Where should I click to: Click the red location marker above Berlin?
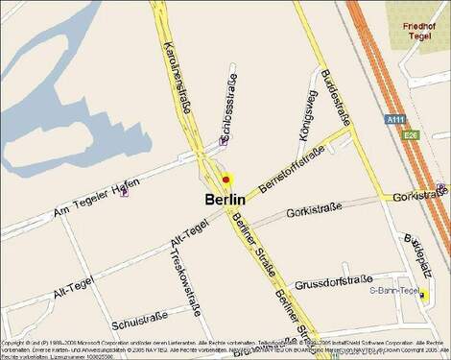point(226,179)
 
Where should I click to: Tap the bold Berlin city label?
point(225,199)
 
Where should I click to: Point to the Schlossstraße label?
point(229,103)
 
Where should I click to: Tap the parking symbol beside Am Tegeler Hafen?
point(124,192)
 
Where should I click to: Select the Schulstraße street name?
point(140,318)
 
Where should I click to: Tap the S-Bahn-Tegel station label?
point(392,290)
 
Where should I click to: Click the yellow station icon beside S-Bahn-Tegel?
point(422,295)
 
